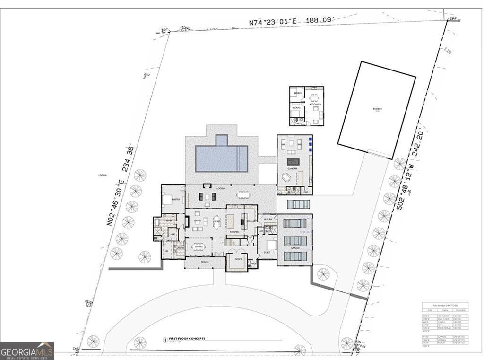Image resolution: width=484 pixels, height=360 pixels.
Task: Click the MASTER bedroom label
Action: point(176,200)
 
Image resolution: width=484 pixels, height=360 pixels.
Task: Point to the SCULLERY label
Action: point(251,221)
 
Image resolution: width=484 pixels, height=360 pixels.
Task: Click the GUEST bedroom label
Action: point(267,253)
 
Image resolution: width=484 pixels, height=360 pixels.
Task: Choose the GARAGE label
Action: point(295,248)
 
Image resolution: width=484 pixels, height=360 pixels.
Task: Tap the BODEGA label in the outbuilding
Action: point(377,109)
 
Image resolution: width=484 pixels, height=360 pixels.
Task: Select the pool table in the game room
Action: point(293,162)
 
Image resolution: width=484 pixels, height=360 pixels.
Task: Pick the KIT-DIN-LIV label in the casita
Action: point(315,104)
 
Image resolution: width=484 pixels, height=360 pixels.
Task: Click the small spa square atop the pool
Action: point(221,140)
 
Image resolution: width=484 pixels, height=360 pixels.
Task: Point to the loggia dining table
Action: point(243,194)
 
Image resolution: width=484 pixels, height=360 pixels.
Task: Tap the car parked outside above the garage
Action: point(299,204)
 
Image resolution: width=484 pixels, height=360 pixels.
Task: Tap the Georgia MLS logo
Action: point(27,351)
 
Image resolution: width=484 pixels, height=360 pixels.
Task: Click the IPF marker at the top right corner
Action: point(453,18)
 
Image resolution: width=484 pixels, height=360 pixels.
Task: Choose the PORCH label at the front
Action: point(205,262)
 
